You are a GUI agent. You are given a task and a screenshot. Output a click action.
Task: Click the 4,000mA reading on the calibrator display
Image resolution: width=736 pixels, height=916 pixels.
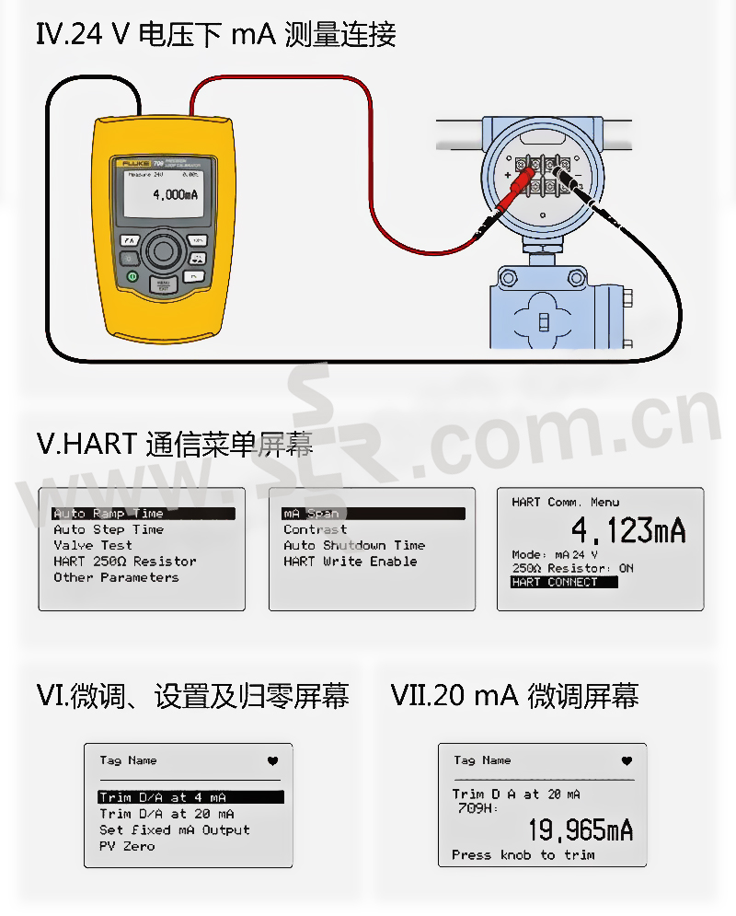tap(175, 194)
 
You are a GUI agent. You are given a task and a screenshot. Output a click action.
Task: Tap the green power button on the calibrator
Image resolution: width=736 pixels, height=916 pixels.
tap(132, 275)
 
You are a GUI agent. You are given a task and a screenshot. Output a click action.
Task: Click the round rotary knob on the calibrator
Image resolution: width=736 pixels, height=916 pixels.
tap(164, 250)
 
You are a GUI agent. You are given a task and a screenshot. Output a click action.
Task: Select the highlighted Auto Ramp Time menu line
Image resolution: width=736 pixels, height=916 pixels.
tap(143, 514)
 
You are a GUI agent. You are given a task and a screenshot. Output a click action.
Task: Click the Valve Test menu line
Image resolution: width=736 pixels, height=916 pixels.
tap(92, 546)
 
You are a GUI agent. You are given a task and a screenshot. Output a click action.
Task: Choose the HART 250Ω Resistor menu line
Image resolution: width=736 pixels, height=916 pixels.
tap(124, 562)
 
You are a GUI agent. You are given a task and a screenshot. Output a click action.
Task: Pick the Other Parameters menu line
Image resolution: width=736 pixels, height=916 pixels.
tap(116, 577)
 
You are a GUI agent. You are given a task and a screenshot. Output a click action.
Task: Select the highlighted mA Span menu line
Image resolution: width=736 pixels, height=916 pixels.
tap(373, 514)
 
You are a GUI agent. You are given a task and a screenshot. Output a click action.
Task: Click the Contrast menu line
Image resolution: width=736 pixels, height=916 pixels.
tap(315, 530)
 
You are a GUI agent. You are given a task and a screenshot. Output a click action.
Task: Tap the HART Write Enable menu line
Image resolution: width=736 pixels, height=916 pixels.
tap(350, 562)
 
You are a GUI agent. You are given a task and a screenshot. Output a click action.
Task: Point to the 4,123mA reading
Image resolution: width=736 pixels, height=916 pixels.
tap(628, 531)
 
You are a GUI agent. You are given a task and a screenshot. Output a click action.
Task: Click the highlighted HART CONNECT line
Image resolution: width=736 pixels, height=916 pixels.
tap(555, 583)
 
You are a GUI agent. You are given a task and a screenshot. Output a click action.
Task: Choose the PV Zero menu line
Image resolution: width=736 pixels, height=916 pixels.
tap(127, 846)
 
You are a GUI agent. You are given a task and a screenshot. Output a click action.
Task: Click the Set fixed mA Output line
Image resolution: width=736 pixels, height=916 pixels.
tap(174, 829)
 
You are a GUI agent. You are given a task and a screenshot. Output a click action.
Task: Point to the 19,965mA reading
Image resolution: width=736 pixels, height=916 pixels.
tap(580, 830)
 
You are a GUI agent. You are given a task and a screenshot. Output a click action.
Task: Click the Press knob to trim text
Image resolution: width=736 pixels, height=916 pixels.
tap(523, 855)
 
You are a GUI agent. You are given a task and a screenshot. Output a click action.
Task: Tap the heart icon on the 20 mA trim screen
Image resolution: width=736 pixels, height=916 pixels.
tap(627, 761)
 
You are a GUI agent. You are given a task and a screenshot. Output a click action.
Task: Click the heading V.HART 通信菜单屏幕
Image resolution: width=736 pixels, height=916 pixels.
tap(175, 446)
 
